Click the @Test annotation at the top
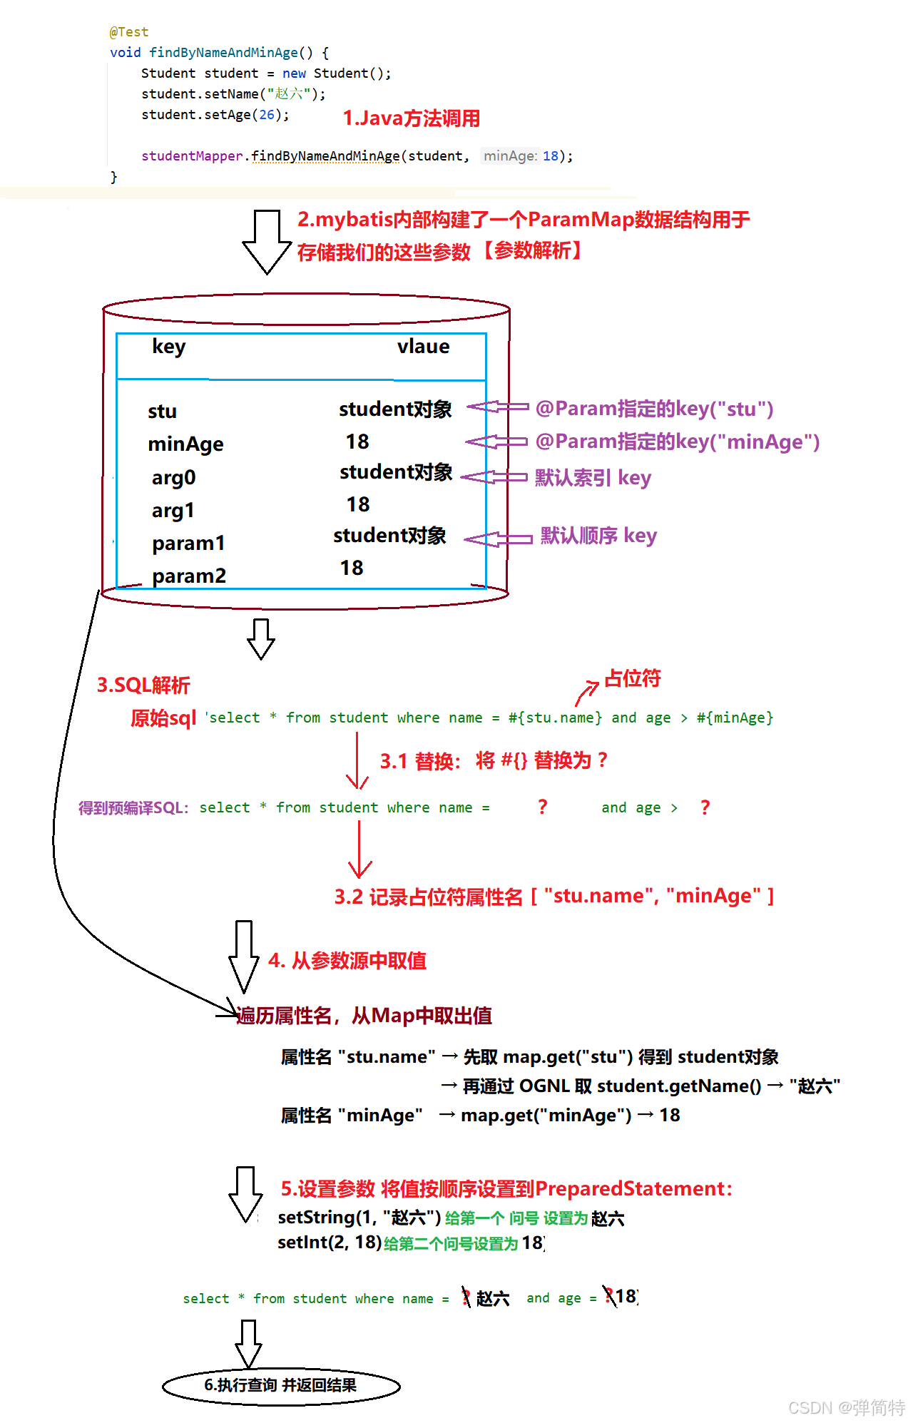pos(129,32)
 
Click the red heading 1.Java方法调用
pos(411,118)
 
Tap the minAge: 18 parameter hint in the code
pos(521,156)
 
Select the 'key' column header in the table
pos(168,347)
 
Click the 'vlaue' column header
pos(423,347)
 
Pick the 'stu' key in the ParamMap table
pos(162,412)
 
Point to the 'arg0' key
pos(173,477)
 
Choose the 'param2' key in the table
pos(188,576)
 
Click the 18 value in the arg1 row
pos(358,505)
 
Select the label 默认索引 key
pos(593,477)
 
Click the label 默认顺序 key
pos(598,536)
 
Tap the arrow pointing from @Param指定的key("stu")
pos(497,407)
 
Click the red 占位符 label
pos(633,678)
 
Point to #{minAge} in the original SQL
pos(735,718)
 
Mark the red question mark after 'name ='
pos(543,807)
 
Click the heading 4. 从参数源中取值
pos(347,961)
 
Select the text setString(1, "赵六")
pos(359,1217)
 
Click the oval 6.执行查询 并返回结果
pos(281,1385)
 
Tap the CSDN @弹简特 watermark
pos(846,1407)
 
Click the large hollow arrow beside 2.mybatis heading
pos(267,243)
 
